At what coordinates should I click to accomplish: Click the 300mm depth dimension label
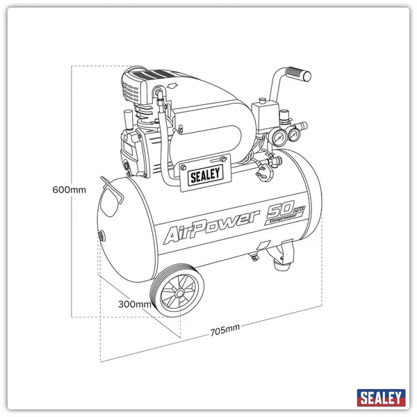point(135,304)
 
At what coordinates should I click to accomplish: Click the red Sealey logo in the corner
point(381,398)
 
